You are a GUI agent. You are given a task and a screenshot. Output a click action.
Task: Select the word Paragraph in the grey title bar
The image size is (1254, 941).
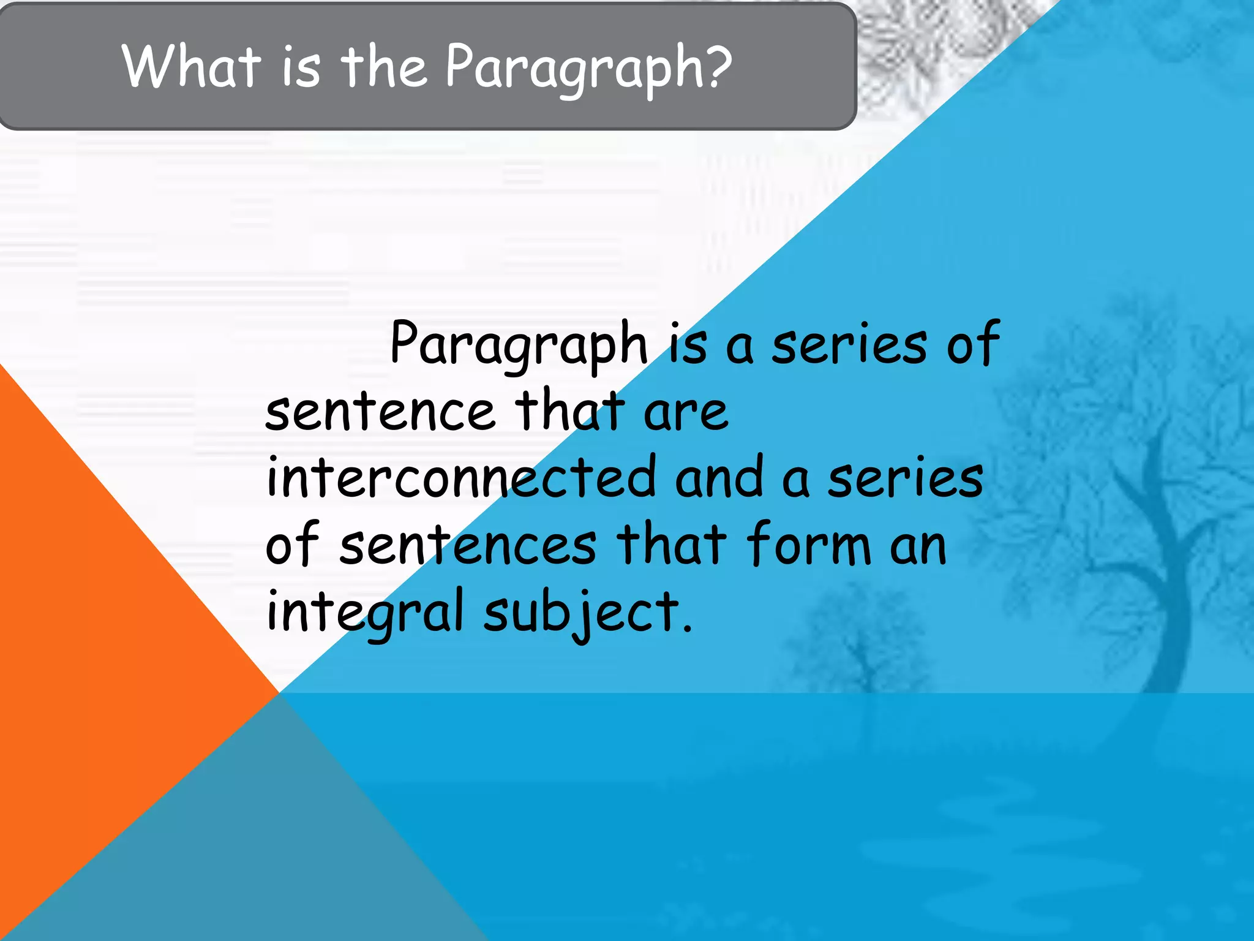pyautogui.click(x=573, y=69)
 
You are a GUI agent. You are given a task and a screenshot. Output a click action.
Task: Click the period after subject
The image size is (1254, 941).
pyautogui.click(x=688, y=629)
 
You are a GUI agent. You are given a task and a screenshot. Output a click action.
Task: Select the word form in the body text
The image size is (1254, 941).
pyautogui.click(x=808, y=544)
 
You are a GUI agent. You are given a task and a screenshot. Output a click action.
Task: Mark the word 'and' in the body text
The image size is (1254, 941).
pyautogui.click(x=719, y=478)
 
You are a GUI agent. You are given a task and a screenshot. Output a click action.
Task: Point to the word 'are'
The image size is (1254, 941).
pyautogui.click(x=686, y=412)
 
